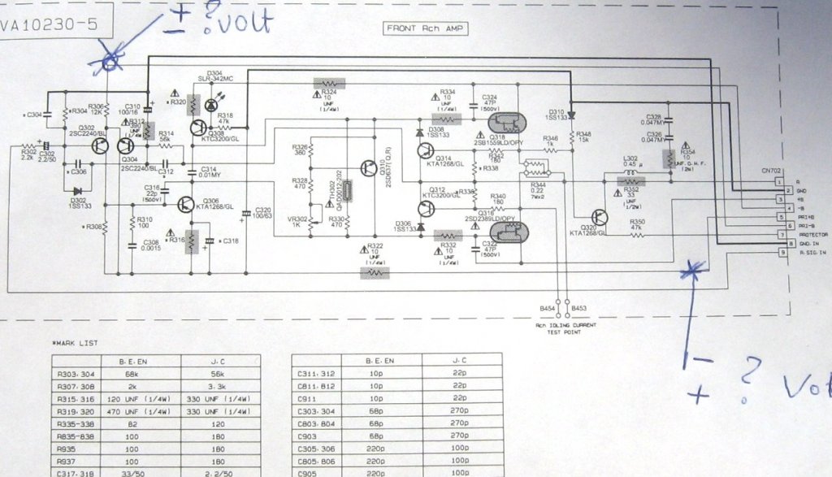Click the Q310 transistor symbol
tap(366, 168)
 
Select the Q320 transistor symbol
tap(599, 217)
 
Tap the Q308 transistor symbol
tap(199, 127)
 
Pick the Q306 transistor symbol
tap(186, 204)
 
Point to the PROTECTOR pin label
tap(812, 235)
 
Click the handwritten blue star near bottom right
tap(691, 271)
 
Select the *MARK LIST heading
tap(74, 343)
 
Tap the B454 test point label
tap(548, 309)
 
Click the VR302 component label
tap(298, 219)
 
